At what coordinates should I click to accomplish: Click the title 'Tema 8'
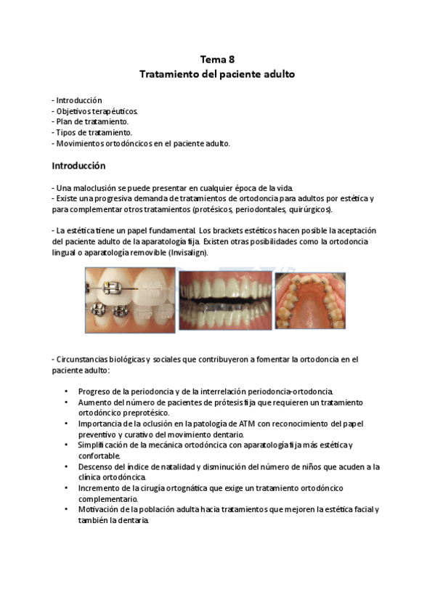217,60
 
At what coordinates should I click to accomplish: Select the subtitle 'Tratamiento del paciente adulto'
217,74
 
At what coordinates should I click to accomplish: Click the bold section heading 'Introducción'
78,166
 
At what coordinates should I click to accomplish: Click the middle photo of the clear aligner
225,301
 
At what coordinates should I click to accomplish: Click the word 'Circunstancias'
84,359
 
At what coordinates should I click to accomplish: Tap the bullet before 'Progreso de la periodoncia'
67,391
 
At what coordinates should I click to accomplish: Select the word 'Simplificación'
105,445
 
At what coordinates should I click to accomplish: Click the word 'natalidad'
174,467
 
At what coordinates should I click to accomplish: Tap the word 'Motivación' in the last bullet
100,510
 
